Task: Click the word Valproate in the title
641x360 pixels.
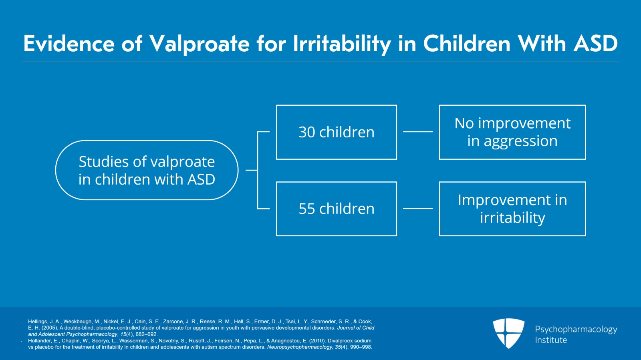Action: click(200, 44)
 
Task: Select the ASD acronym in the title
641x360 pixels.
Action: click(595, 44)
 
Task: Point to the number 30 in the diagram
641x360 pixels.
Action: click(307, 133)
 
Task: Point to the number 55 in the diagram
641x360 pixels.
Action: click(307, 209)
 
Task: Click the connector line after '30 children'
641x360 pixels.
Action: click(418, 132)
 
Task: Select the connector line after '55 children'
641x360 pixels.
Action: click(418, 209)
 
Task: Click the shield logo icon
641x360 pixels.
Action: click(509, 334)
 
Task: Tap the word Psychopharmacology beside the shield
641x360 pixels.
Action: click(576, 330)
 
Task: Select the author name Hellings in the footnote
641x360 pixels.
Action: click(38, 322)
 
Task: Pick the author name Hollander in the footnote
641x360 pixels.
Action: click(40, 341)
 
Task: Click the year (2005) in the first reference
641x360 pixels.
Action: click(50, 328)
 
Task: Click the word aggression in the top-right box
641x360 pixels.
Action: click(520, 141)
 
